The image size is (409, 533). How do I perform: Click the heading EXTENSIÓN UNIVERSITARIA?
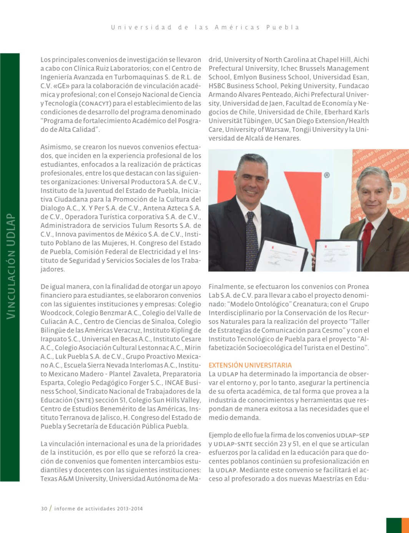click(250, 365)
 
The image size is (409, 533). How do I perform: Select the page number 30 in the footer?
click(44, 508)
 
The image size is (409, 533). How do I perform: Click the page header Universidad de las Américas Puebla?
click(205, 27)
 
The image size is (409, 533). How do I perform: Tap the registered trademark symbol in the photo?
click(326, 175)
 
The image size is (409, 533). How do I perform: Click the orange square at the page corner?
click(405, 525)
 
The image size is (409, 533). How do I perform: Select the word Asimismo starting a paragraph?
click(56, 147)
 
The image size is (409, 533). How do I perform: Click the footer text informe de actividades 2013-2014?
click(98, 508)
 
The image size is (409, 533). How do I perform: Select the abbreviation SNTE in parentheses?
click(83, 400)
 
